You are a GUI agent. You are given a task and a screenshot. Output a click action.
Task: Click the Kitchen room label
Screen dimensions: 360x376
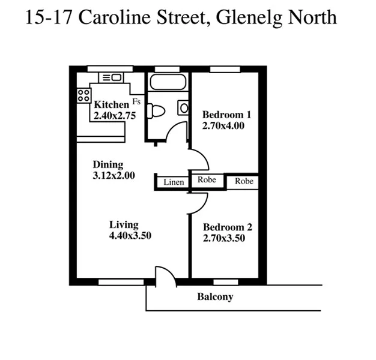[111, 105]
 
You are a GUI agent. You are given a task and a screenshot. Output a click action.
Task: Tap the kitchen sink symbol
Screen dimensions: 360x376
[111, 77]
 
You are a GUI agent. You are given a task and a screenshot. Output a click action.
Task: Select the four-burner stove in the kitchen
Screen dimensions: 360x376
[83, 95]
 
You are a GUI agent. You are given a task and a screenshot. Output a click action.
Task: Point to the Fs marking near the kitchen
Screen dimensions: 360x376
[136, 101]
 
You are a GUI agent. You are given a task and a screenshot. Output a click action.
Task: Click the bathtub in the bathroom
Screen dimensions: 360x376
[168, 82]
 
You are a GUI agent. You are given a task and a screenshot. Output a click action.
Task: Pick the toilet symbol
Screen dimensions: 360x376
[157, 111]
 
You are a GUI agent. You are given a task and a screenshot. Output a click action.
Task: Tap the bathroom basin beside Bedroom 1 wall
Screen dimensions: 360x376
[183, 108]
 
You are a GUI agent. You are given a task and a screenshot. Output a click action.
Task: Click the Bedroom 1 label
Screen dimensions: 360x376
[226, 115]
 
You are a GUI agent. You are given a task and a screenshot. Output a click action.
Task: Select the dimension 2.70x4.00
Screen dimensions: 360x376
[223, 126]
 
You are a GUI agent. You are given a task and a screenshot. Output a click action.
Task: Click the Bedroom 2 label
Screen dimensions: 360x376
[227, 227]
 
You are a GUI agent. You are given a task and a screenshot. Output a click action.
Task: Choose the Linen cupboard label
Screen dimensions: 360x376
[173, 181]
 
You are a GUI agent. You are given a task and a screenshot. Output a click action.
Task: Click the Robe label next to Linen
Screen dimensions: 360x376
[207, 179]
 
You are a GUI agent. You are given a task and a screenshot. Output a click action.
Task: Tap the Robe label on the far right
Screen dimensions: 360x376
[244, 181]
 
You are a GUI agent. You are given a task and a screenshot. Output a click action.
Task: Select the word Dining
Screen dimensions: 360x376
[108, 164]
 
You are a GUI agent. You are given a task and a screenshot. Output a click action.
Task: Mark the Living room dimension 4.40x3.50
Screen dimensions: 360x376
[130, 236]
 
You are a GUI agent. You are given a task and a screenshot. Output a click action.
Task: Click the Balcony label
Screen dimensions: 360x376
[215, 297]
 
